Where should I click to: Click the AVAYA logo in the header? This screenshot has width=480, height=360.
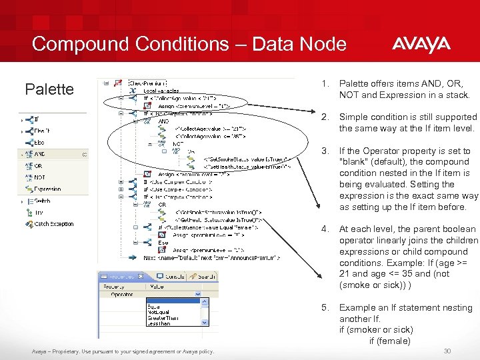[421, 45]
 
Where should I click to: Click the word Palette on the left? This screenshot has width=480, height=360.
[49, 89]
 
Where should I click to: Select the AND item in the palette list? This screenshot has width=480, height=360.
[40, 154]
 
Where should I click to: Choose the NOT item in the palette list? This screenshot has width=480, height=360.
[40, 177]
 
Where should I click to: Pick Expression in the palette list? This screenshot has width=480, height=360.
[48, 189]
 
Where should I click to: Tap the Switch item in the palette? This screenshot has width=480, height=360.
[42, 201]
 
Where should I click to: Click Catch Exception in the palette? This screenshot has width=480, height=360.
[54, 224]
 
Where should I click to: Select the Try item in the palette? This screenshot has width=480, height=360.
[39, 213]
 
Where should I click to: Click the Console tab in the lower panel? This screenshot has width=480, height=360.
[175, 276]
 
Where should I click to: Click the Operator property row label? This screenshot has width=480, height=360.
[122, 293]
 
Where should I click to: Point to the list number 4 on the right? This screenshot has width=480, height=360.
[325, 229]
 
